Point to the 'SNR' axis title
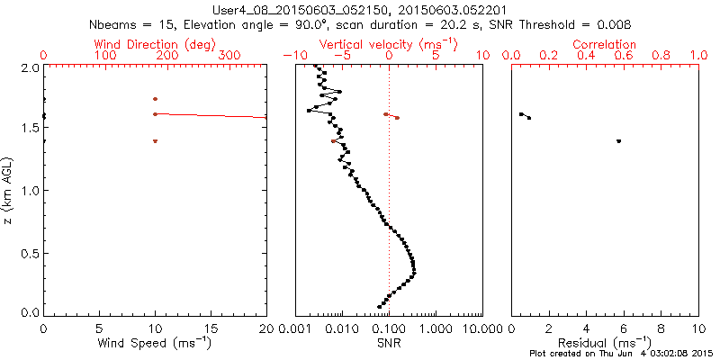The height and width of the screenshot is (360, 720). click(389, 344)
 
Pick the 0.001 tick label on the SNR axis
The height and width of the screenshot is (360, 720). click(295, 328)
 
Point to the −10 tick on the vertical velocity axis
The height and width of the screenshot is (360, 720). click(293, 56)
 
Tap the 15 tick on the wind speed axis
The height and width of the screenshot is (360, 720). click(211, 328)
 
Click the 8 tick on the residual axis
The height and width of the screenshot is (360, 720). click(661, 328)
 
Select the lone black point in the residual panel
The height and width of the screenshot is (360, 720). click(618, 141)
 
